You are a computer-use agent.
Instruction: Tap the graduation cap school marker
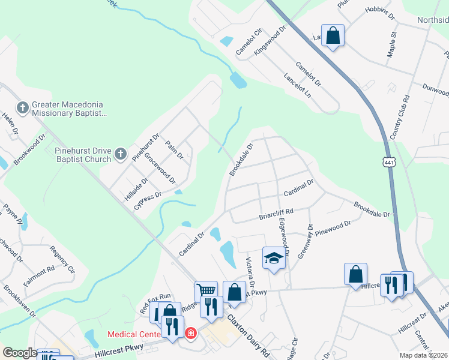pyautogui.click(x=274, y=258)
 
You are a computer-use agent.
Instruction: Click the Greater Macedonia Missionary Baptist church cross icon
pyautogui.click(x=23, y=108)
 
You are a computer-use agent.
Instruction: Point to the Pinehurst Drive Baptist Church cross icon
pyautogui.click(x=120, y=155)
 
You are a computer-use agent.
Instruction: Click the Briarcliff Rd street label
pyautogui.click(x=276, y=212)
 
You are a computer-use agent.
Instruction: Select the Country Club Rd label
pyautogui.click(x=400, y=118)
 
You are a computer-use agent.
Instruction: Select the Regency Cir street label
pyautogui.click(x=62, y=259)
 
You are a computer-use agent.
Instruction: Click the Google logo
pyautogui.click(x=20, y=353)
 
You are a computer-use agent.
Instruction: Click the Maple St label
pyautogui.click(x=393, y=46)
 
